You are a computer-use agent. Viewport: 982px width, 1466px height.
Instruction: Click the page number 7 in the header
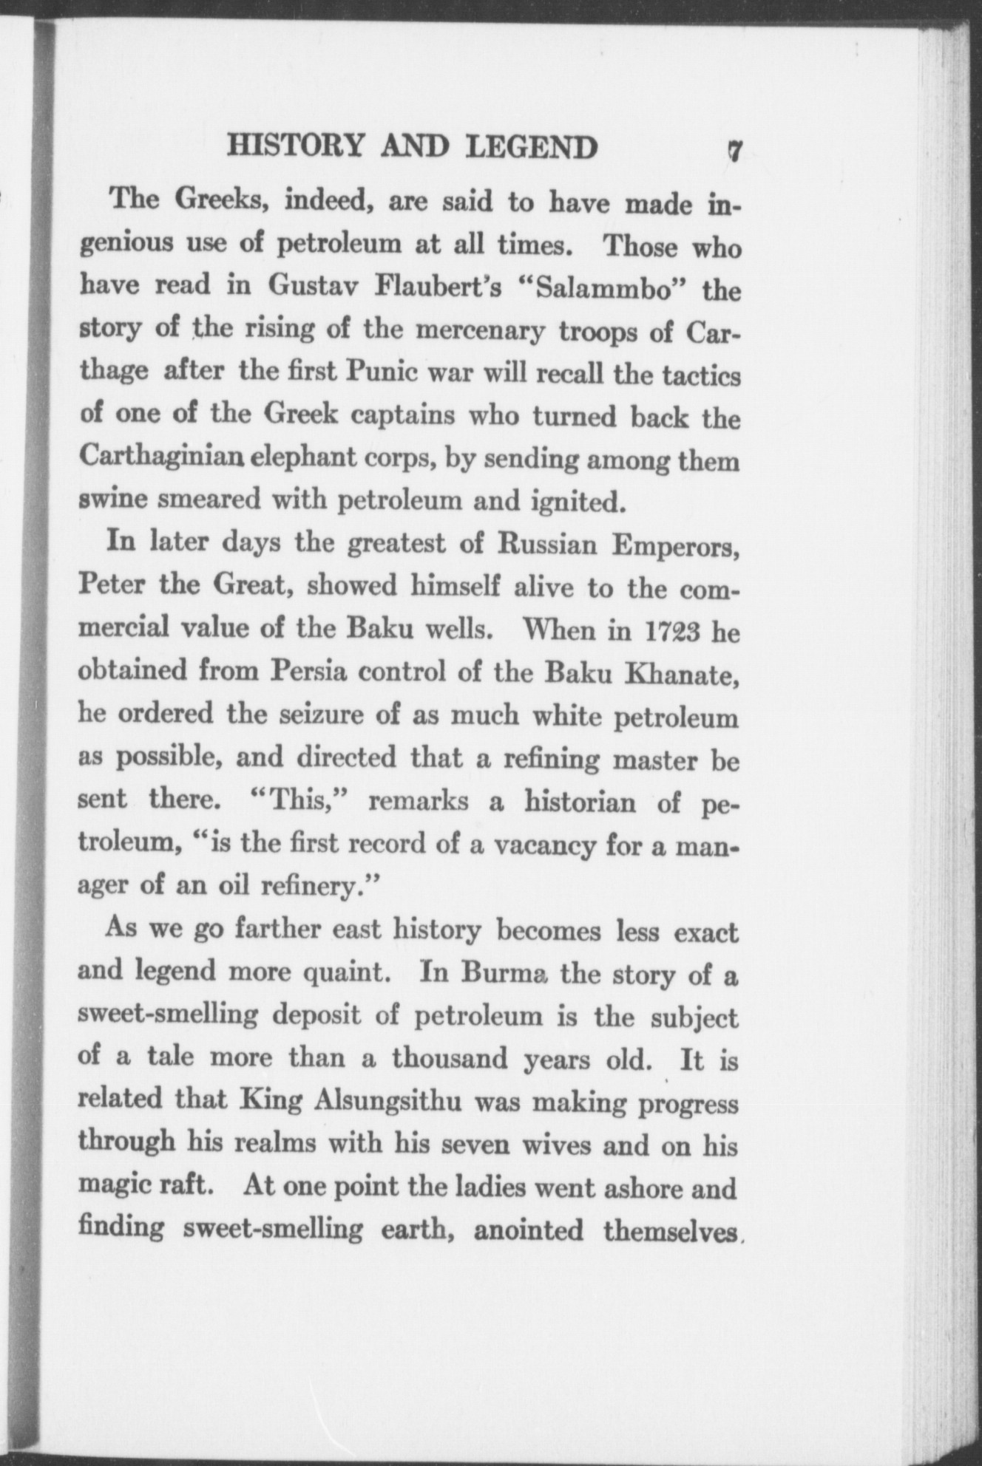[734, 151]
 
